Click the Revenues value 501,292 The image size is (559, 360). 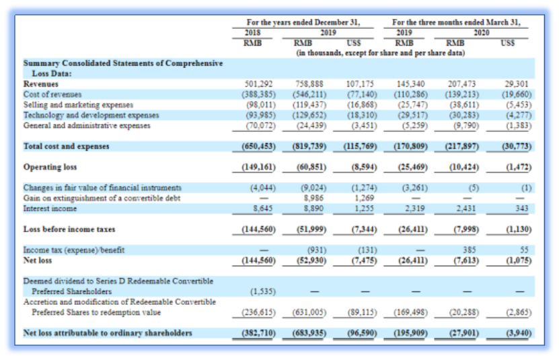(x=258, y=84)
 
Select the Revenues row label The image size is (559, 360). (x=40, y=84)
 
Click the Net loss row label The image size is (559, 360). (x=38, y=260)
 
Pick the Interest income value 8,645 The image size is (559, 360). (x=263, y=209)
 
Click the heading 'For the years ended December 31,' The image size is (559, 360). (x=303, y=22)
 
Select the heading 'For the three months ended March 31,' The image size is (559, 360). (x=456, y=22)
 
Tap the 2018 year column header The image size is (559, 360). (x=252, y=33)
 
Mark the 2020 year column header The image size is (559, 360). (x=481, y=33)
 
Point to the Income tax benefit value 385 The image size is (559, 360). (x=469, y=250)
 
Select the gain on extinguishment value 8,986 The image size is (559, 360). (x=313, y=198)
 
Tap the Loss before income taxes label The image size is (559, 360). (x=69, y=229)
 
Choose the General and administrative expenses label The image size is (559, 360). (x=87, y=126)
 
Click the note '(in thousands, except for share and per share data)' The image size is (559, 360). (x=380, y=53)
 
